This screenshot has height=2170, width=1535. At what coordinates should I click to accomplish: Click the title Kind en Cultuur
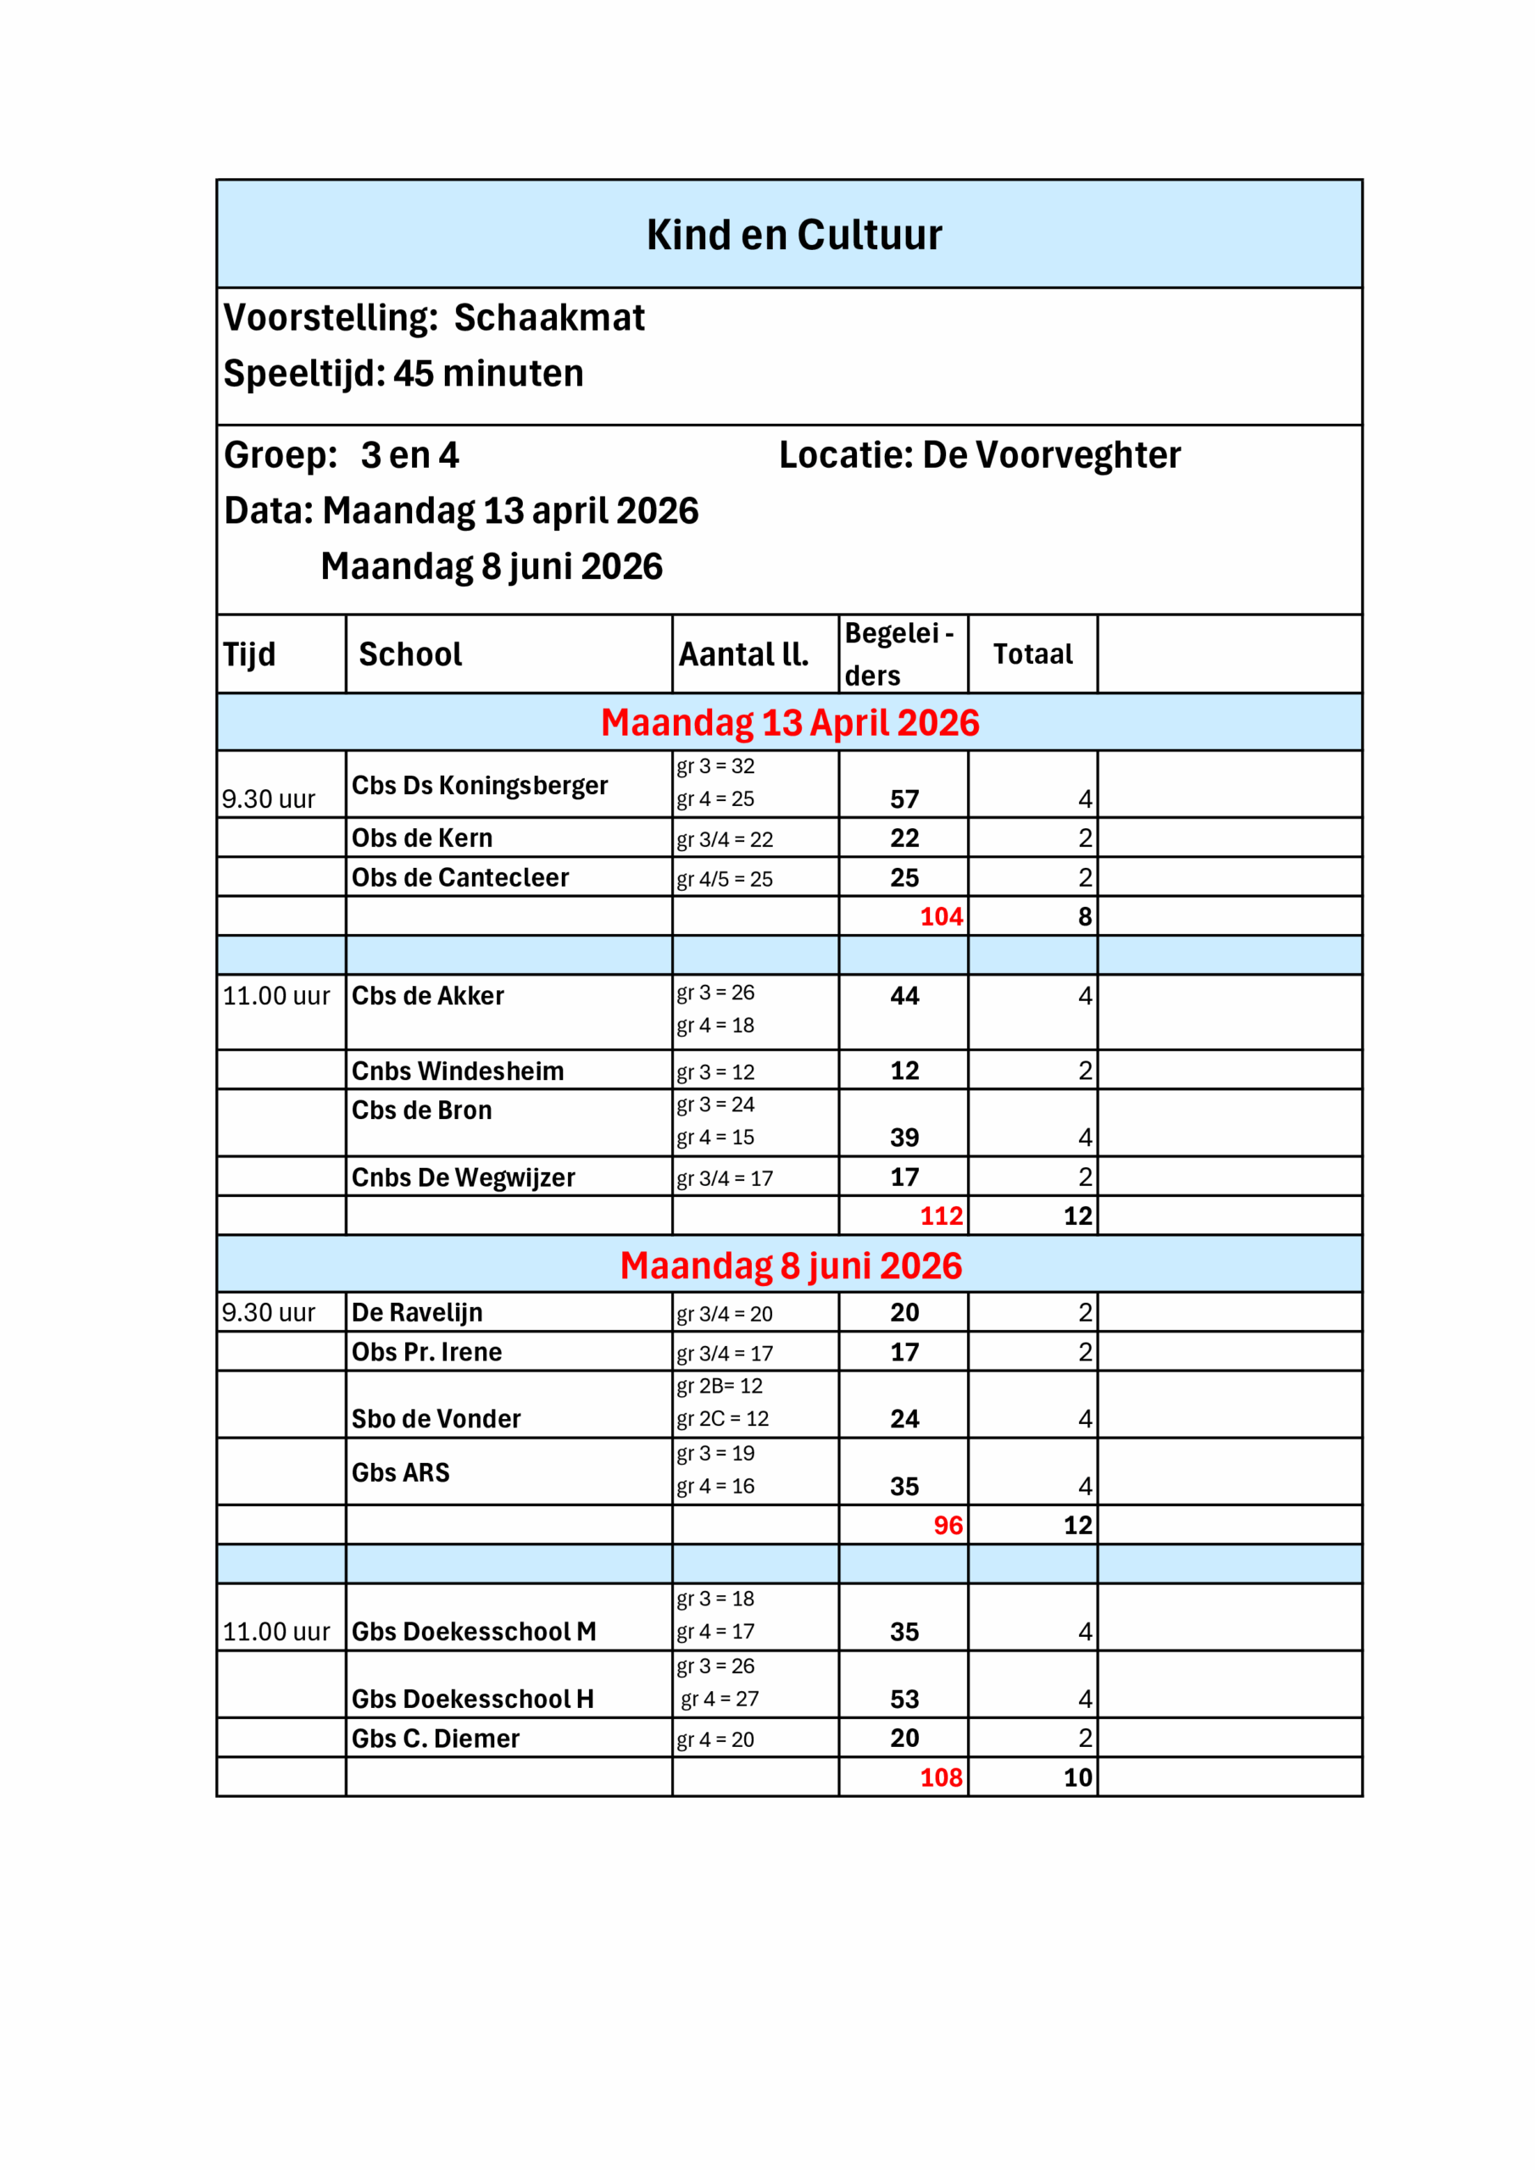[x=794, y=235]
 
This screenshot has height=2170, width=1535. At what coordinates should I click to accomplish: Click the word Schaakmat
[x=549, y=318]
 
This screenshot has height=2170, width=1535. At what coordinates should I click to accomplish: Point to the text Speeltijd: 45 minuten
[x=403, y=373]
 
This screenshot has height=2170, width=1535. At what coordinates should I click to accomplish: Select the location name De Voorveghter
[x=1051, y=455]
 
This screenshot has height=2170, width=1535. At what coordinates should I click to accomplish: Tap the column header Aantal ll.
[x=744, y=654]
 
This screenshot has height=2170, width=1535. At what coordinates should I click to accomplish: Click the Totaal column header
[x=1032, y=654]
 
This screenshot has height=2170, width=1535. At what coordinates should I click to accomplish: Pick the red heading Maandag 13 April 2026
[x=790, y=723]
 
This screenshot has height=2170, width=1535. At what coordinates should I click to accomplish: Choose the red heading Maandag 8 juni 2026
[x=791, y=1266]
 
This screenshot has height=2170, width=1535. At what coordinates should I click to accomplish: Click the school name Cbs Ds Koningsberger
[x=479, y=786]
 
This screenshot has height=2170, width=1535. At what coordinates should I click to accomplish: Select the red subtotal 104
[x=942, y=917]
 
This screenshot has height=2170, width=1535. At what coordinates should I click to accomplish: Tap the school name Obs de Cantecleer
[x=460, y=878]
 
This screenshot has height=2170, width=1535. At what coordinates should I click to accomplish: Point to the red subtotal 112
[x=942, y=1216]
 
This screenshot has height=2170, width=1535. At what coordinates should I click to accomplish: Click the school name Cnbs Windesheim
[x=458, y=1071]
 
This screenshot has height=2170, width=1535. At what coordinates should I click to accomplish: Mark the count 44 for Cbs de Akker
[x=904, y=996]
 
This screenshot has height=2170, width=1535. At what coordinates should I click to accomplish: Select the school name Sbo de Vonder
[x=436, y=1419]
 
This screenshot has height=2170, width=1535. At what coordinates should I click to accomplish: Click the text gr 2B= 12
[x=720, y=1387]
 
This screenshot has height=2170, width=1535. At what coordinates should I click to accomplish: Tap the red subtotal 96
[x=948, y=1526]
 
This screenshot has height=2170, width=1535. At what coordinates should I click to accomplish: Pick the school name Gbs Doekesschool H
[x=473, y=1700]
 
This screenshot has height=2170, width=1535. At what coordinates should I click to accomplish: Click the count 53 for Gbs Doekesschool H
[x=904, y=1700]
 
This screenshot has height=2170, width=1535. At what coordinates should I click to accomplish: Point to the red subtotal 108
[x=942, y=1778]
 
